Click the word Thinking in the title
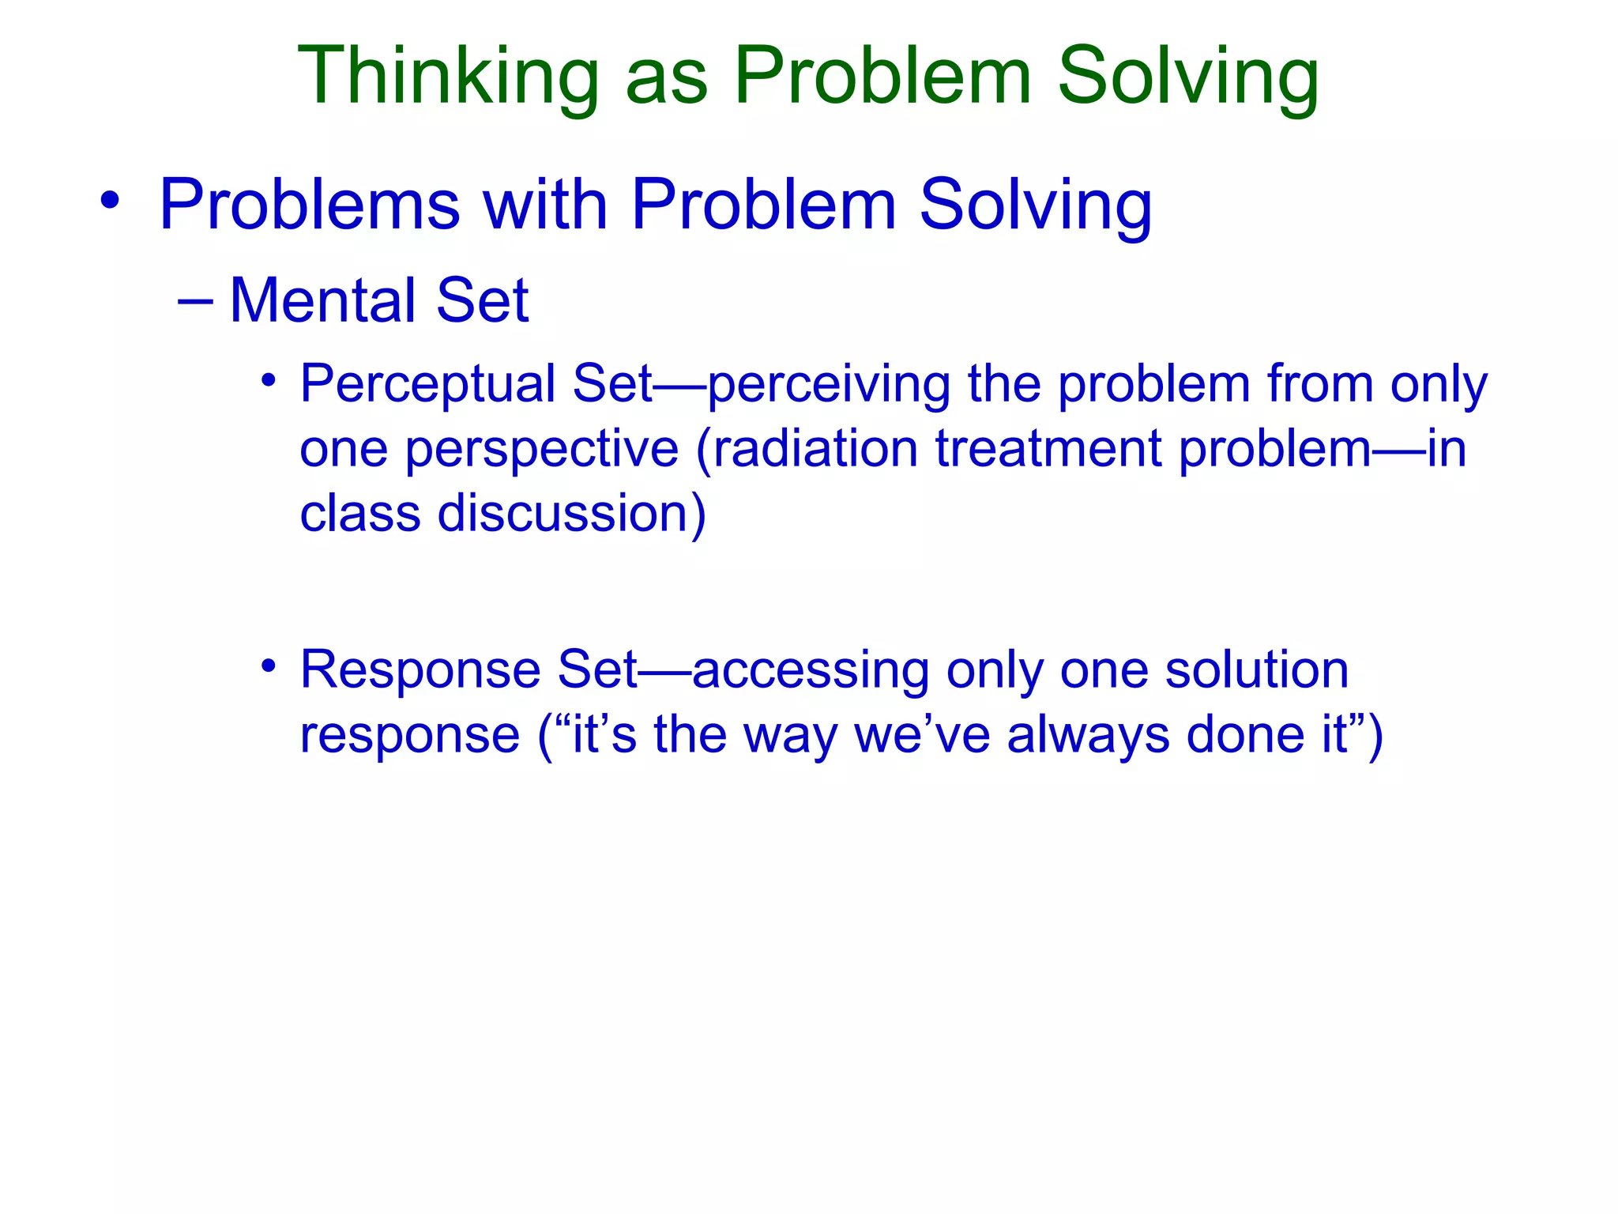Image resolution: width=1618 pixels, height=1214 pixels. coord(448,77)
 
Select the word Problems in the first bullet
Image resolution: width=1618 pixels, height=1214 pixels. coord(310,205)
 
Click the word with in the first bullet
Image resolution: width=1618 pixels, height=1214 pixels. coord(545,205)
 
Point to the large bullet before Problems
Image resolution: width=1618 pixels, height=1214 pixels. coord(111,200)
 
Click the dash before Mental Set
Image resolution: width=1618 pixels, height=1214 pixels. coord(195,301)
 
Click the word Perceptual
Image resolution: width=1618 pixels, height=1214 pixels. coord(427,384)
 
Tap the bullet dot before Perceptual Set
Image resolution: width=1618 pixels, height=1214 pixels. coord(269,380)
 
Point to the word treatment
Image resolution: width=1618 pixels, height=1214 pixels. coord(1049,449)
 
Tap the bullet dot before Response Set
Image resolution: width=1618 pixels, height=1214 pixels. coord(269,665)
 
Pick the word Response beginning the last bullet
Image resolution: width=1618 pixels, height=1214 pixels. coord(420,670)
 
